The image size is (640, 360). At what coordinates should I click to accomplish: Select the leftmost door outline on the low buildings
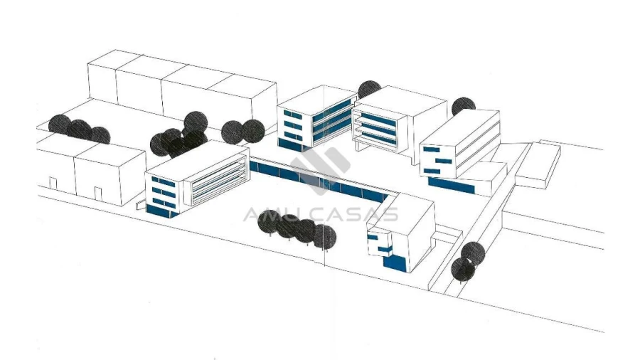(x=53, y=184)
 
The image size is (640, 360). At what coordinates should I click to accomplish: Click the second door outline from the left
(x=98, y=194)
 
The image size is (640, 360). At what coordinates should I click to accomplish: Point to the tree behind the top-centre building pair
(x=369, y=90)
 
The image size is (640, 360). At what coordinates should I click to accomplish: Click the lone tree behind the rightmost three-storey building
(x=463, y=106)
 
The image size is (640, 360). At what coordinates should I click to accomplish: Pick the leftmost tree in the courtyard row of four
(x=270, y=222)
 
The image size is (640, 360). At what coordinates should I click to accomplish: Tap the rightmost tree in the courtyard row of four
(x=325, y=237)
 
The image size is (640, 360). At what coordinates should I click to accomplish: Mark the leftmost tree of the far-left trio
(x=60, y=125)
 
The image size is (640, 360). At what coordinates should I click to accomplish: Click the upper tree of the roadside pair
(x=473, y=253)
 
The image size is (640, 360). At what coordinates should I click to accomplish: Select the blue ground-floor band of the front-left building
(x=162, y=211)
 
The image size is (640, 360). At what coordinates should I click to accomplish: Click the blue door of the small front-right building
(x=395, y=263)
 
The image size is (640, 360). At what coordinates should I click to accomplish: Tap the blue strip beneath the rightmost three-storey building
(x=452, y=186)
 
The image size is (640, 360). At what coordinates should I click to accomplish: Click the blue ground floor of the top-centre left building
(x=291, y=144)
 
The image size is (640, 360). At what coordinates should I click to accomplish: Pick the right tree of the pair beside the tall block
(x=253, y=131)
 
